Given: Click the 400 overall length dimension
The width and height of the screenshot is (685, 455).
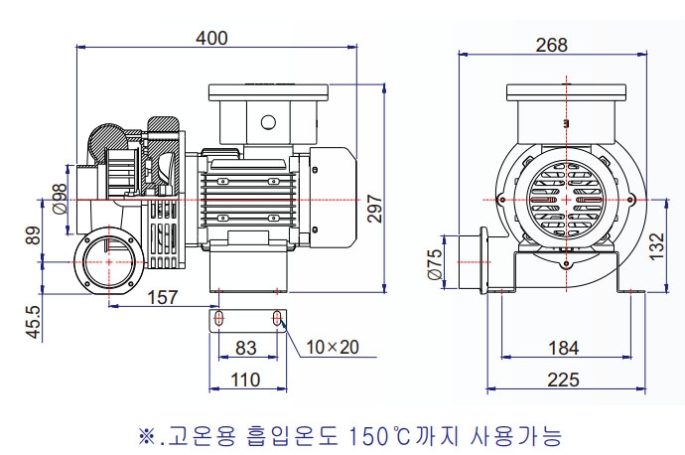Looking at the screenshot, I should tap(211, 38).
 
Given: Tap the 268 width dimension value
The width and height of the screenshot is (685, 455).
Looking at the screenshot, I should tap(550, 45).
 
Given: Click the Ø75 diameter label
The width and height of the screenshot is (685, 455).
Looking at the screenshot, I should tap(434, 265).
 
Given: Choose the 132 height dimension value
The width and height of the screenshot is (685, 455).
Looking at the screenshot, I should tap(656, 244).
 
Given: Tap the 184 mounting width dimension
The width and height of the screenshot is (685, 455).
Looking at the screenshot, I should tap(563, 348).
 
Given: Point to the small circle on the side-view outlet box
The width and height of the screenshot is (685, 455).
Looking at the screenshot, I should tap(267, 122).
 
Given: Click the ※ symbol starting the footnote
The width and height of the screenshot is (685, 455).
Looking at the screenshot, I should tap(147, 435).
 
